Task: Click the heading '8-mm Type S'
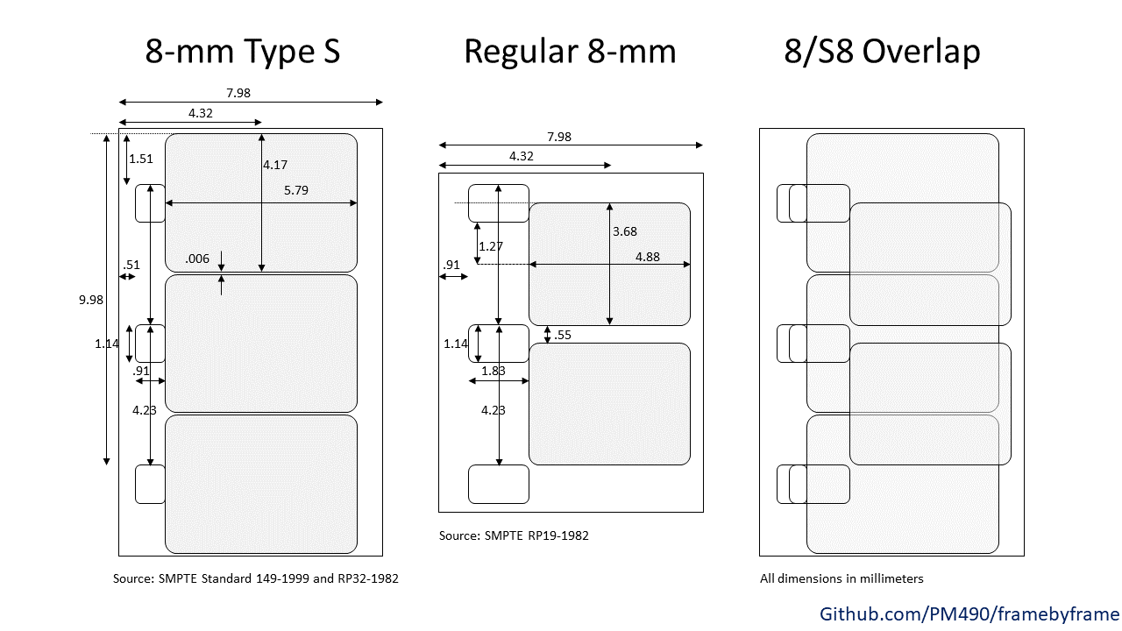point(243,52)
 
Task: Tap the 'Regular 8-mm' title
point(570,52)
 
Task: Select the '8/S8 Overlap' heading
point(882,51)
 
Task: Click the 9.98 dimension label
point(90,300)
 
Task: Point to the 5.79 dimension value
point(296,190)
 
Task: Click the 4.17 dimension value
point(275,165)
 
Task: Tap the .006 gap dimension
point(197,259)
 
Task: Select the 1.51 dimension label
point(141,159)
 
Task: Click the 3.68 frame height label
point(625,231)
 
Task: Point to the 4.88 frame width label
point(647,257)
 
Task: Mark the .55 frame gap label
point(563,335)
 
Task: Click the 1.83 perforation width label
point(494,371)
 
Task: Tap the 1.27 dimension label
point(490,246)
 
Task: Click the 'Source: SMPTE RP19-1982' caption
point(514,535)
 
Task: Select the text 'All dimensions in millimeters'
point(841,579)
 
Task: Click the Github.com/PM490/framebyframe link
point(969,614)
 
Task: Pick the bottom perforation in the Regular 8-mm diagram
point(499,485)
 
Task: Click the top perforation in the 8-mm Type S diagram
point(150,203)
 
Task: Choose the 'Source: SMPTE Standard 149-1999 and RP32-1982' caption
point(255,579)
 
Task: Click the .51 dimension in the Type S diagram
point(131,265)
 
